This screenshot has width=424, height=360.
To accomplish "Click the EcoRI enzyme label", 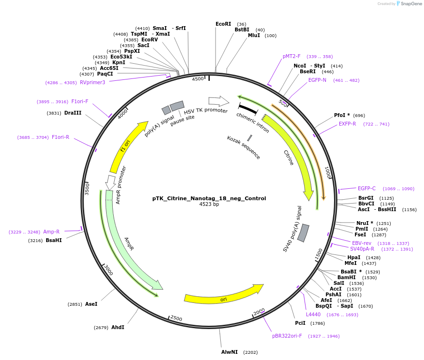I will point(223,24).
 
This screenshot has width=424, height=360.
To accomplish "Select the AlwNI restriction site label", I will point(229,352).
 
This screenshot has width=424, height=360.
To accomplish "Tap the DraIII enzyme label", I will point(73,113).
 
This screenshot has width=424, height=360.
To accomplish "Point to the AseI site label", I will point(91,304).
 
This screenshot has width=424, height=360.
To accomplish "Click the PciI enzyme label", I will point(300,323).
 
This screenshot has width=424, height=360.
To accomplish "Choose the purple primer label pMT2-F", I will point(292,56).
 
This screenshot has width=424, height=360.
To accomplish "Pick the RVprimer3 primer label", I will point(92,82).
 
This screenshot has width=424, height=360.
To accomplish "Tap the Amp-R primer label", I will point(51,232).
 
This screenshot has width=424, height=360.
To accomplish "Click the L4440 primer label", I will point(313,314).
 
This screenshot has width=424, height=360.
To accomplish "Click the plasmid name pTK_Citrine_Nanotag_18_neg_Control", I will point(209,198).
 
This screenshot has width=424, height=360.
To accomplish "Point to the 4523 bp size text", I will point(209,204).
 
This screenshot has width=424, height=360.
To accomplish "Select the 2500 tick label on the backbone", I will point(176,318).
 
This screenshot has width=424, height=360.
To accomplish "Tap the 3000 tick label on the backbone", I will point(108,270).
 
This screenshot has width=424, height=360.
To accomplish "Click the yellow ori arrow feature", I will point(224,296).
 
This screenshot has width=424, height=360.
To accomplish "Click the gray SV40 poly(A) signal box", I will point(303,233).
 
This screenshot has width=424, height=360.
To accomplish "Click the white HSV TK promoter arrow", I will point(218,101).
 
